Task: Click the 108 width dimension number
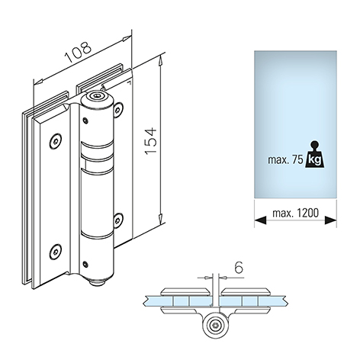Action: click(78, 52)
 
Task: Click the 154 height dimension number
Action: click(151, 141)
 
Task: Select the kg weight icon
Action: click(315, 154)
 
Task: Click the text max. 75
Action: click(285, 160)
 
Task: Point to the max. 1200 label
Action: click(295, 213)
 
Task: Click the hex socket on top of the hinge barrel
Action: click(97, 96)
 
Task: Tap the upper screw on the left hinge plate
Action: click(55, 140)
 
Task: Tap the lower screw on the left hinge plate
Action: click(55, 252)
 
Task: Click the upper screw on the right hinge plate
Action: click(117, 110)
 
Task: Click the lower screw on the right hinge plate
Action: click(117, 220)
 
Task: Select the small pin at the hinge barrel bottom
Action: click(98, 283)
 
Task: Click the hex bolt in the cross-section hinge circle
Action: click(216, 325)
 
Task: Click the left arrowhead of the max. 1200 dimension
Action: click(260, 220)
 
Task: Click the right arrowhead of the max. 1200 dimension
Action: click(330, 220)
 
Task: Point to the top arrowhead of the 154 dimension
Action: click(160, 61)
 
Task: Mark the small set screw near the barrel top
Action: click(85, 121)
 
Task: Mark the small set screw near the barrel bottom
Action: click(85, 265)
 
